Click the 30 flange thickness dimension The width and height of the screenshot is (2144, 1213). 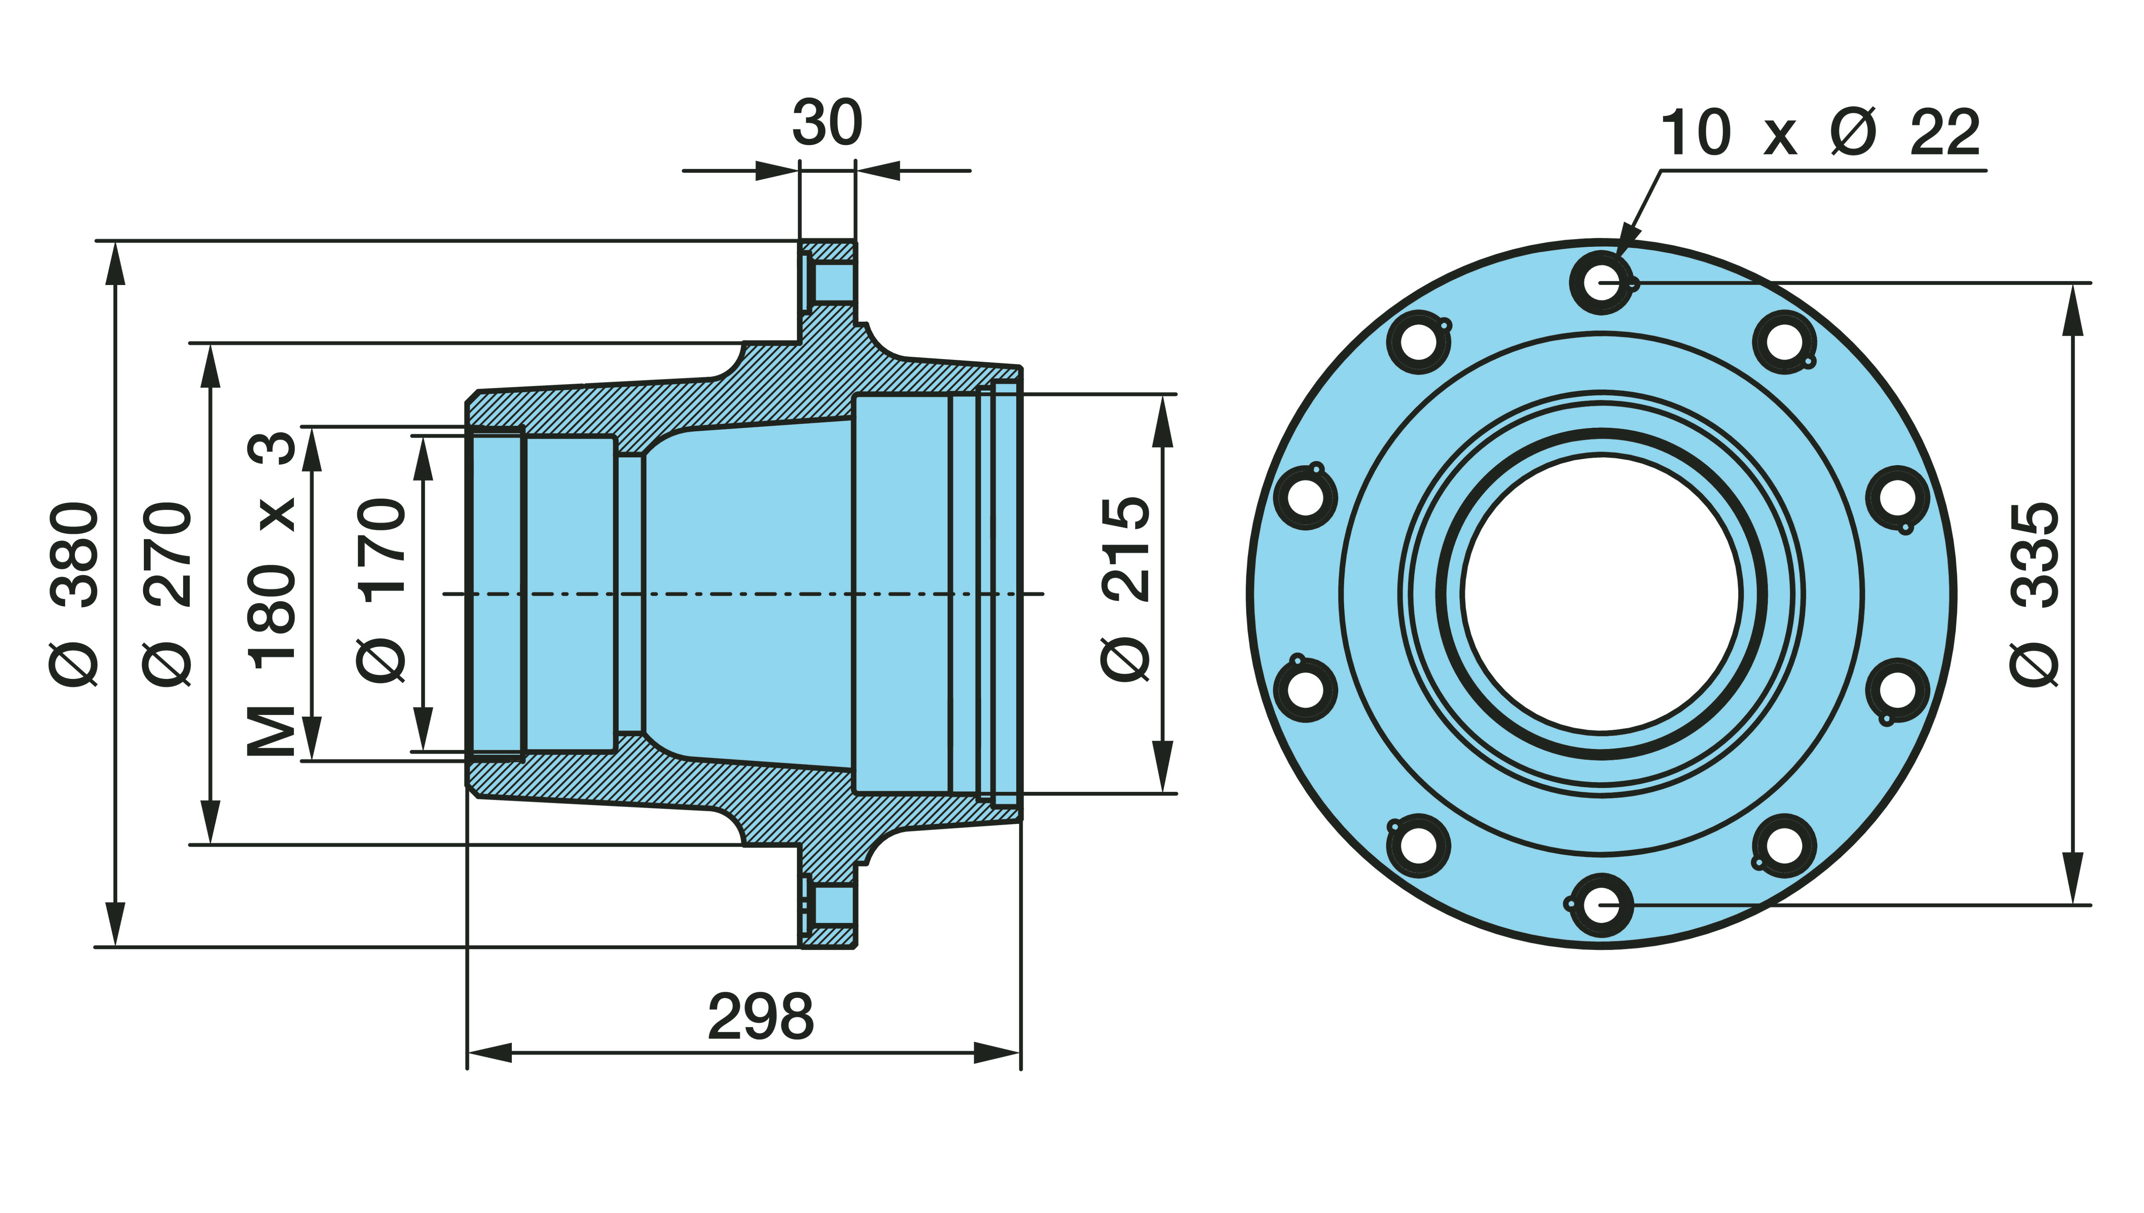click(x=827, y=122)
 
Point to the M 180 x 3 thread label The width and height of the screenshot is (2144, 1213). click(x=272, y=594)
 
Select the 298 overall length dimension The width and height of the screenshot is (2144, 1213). click(x=761, y=1016)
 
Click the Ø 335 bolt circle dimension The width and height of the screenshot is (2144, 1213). click(x=2034, y=594)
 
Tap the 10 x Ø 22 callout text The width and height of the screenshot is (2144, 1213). click(x=1820, y=132)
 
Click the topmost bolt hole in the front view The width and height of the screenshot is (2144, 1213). click(x=1601, y=282)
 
